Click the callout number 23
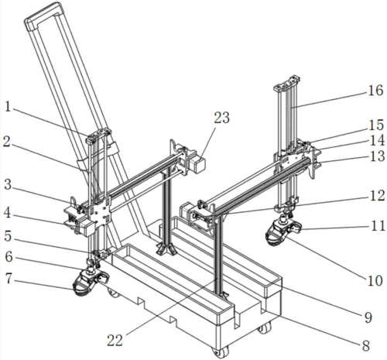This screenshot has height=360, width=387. (x=221, y=118)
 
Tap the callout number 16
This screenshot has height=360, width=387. (x=375, y=91)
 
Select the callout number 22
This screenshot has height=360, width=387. (x=115, y=341)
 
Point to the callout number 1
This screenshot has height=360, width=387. (x=8, y=107)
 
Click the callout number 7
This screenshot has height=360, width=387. (x=9, y=279)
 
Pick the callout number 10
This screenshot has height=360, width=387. (x=375, y=280)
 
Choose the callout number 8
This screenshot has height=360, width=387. (x=366, y=345)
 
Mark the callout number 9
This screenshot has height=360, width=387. (x=368, y=317)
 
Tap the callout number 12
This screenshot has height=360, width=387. (x=378, y=196)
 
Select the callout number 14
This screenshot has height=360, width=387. (x=378, y=141)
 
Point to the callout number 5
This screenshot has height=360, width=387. (x=8, y=236)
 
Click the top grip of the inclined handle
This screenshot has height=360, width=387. (x=43, y=15)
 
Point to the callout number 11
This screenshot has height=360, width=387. (x=378, y=226)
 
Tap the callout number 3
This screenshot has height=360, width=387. (x=8, y=185)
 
